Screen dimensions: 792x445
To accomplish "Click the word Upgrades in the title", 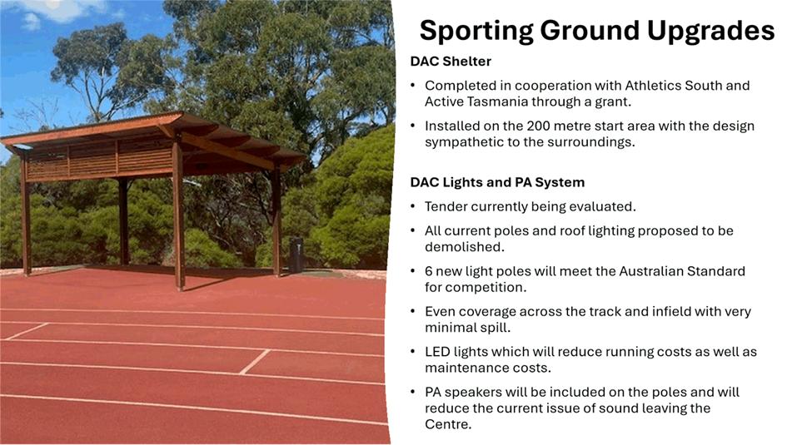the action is click(710, 32).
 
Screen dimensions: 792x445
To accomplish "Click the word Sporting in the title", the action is click(476, 32).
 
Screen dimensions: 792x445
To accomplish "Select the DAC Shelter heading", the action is click(451, 61).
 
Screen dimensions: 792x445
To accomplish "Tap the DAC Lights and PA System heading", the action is click(497, 182).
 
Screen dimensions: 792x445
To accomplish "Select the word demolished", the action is click(464, 247).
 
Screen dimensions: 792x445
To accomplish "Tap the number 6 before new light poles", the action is click(428, 271).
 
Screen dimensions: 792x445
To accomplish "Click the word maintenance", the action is click(466, 368).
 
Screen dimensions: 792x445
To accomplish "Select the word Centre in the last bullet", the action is click(447, 424).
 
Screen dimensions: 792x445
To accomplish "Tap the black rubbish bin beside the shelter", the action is click(296, 255).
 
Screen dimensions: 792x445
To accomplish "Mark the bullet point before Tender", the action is click(413, 206).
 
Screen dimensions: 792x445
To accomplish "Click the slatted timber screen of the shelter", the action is click(99, 157).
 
